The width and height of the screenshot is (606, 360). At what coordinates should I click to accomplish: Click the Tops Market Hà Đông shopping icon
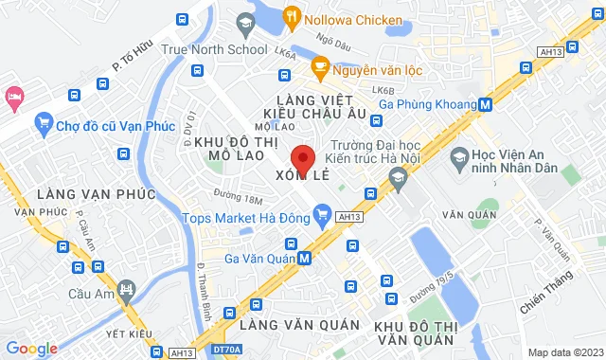tap(322, 216)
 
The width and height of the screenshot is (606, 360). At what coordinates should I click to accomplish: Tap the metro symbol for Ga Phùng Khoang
tap(485, 104)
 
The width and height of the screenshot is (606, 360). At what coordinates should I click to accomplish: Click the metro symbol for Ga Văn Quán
tap(304, 257)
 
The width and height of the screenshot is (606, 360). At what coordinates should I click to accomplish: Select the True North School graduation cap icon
tap(245, 23)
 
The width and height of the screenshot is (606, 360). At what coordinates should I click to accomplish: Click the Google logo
tap(30, 349)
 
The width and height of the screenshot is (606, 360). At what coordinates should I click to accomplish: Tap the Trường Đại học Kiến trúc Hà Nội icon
tap(398, 177)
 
